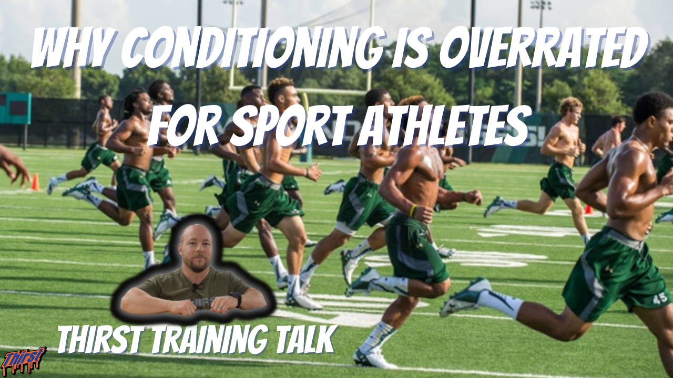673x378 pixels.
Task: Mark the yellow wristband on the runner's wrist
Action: pos(413,210)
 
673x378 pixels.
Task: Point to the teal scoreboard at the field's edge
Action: pos(15,109)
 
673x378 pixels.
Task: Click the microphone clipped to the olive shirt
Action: pos(196,287)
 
